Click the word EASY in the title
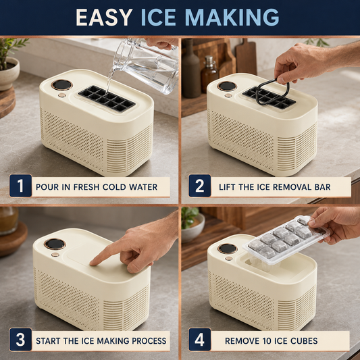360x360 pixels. [x=104, y=17]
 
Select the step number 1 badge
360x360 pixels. [x=20, y=186]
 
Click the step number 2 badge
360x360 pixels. [x=199, y=186]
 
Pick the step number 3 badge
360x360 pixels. [x=20, y=339]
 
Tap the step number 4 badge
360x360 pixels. [x=199, y=339]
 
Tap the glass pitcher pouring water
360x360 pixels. [x=147, y=65]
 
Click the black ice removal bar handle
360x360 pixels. [x=272, y=92]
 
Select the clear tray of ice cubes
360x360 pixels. [x=286, y=239]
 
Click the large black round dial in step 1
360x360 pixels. [x=61, y=85]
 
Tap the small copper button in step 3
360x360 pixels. [x=55, y=255]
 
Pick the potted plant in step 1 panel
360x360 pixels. [x=9, y=63]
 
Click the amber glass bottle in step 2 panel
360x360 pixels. [x=209, y=74]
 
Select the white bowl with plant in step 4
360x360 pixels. [x=192, y=224]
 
